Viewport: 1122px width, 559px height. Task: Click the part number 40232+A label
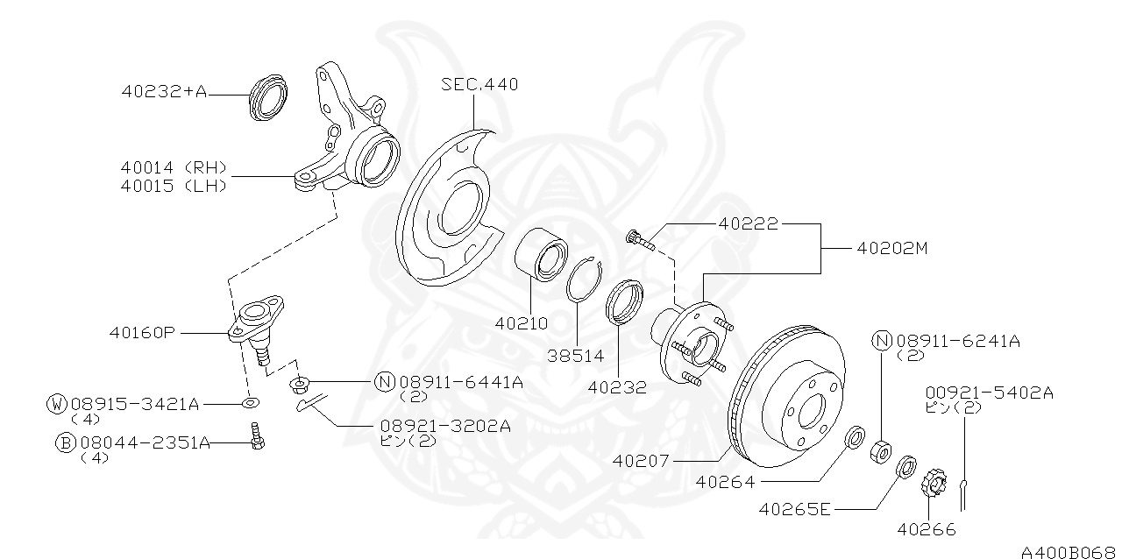[x=165, y=91]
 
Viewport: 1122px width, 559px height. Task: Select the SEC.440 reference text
[x=479, y=85]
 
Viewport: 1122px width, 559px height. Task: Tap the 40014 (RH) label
[x=175, y=166]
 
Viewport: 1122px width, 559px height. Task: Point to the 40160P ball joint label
[x=143, y=333]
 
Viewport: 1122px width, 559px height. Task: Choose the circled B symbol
[x=65, y=443]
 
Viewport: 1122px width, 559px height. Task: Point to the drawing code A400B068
[x=1069, y=550]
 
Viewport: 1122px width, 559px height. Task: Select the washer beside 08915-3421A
[x=249, y=402]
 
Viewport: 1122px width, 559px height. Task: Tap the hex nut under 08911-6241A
[x=880, y=449]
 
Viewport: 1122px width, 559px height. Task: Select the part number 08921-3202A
[x=445, y=426]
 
